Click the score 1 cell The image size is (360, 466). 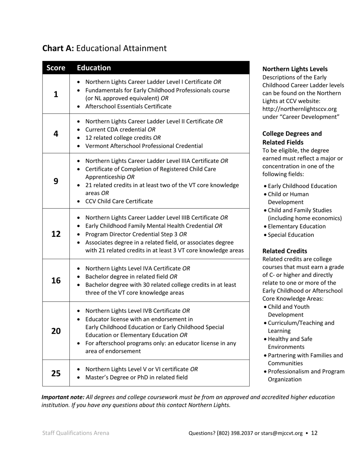56,94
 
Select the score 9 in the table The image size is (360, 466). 56,181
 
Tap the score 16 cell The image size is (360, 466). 56,280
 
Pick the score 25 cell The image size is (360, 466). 56,373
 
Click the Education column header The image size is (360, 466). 94,68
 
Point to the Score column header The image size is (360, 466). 56,68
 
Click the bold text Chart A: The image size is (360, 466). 58,48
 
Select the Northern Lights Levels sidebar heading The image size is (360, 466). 295,69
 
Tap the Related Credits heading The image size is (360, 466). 285,251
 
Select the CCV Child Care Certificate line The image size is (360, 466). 119,201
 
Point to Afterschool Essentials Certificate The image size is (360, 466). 128,106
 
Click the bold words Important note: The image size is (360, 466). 63,397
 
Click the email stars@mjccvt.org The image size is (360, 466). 282,433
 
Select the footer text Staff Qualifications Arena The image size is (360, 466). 76,433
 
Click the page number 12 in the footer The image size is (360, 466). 314,433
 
